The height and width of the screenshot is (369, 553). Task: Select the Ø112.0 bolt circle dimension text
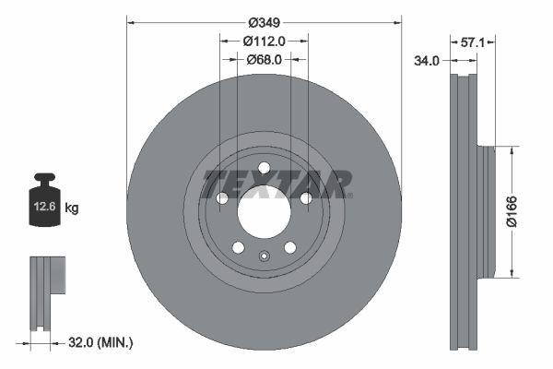(264, 41)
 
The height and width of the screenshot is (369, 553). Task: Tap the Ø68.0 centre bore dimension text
(264, 60)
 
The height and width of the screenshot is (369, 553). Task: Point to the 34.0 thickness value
(426, 60)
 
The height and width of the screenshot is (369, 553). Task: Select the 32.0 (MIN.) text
(102, 342)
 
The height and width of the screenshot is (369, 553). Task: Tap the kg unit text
(72, 208)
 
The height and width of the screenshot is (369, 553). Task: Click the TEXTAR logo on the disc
(276, 183)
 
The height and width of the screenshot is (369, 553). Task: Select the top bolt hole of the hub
(264, 167)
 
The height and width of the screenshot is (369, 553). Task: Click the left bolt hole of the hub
(221, 198)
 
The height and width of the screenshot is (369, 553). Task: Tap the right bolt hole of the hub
(306, 198)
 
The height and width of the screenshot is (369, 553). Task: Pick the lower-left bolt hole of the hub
(238, 247)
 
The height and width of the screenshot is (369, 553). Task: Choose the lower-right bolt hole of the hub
(289, 247)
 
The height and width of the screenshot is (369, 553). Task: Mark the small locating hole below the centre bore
(264, 257)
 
